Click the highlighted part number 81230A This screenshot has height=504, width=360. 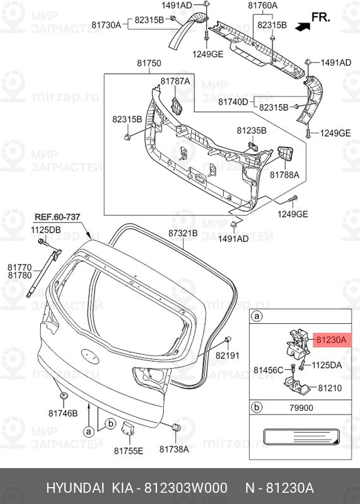pyautogui.click(x=331, y=340)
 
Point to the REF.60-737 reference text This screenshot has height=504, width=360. pyautogui.click(x=57, y=217)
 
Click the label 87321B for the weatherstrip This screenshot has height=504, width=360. pyautogui.click(x=183, y=233)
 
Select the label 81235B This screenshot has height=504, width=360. pyautogui.click(x=252, y=130)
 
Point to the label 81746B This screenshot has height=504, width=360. pyautogui.click(x=64, y=413)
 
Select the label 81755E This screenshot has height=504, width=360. pyautogui.click(x=129, y=450)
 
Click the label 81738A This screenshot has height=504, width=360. pyautogui.click(x=174, y=450)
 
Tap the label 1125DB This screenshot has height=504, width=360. pyautogui.click(x=46, y=230)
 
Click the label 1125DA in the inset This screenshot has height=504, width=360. pyautogui.click(x=327, y=365)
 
